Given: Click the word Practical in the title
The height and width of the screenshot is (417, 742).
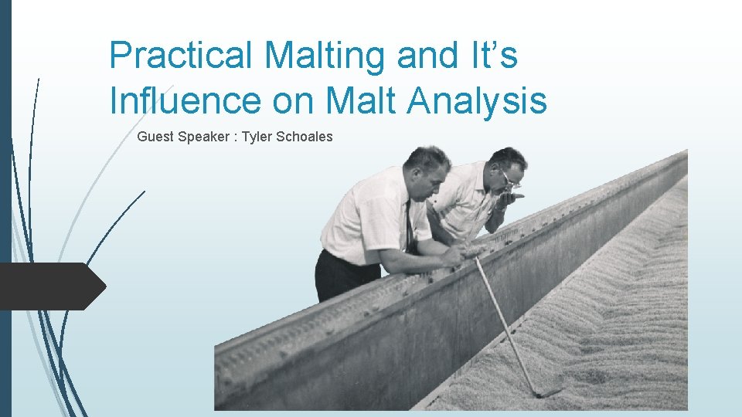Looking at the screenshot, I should tap(181, 56).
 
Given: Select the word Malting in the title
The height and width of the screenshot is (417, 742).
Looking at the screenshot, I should tap(325, 56).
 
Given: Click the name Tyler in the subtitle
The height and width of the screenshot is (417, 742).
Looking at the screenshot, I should tap(257, 137).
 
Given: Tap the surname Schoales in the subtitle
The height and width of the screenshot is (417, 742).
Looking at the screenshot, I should tap(305, 137).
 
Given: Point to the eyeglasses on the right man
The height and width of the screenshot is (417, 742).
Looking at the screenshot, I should tap(510, 179).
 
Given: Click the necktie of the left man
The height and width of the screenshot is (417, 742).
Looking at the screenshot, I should tap(408, 224).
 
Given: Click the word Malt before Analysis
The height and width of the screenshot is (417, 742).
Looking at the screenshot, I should tap(354, 100).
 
